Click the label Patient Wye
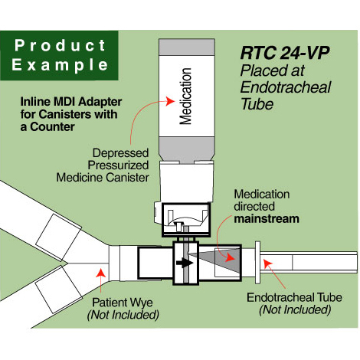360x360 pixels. coord(123,302)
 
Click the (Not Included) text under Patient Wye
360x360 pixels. coord(123,314)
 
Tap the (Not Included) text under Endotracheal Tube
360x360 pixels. coord(295,309)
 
